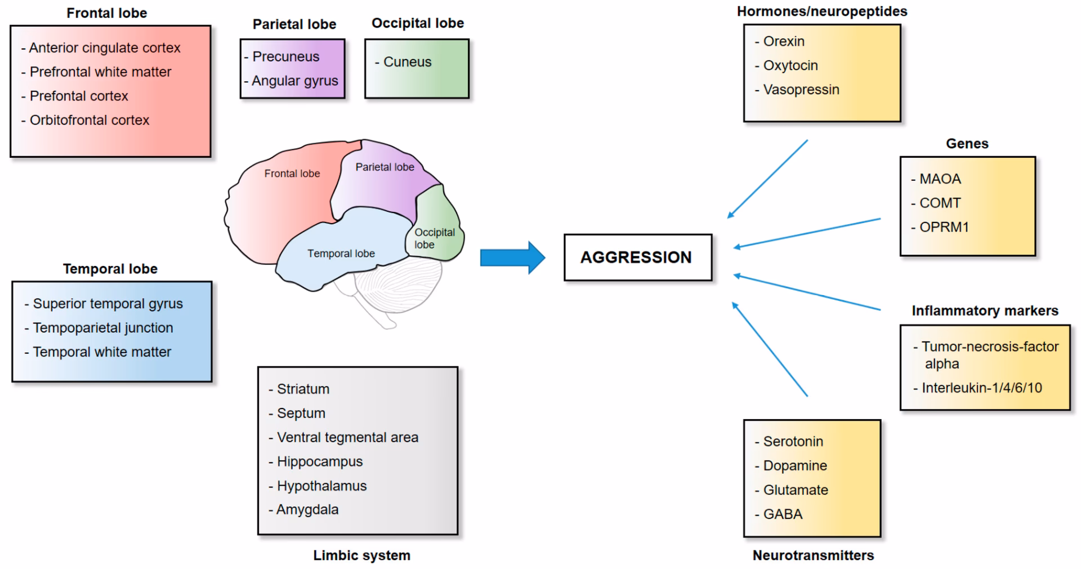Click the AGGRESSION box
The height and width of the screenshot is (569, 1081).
637,257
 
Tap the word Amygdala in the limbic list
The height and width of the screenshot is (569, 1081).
307,510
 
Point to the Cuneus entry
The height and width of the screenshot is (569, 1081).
407,62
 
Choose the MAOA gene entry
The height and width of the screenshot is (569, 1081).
940,179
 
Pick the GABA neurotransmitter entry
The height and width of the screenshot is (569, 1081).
783,514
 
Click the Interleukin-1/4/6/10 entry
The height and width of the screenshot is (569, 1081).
981,388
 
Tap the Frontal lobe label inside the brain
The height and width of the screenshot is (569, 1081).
292,174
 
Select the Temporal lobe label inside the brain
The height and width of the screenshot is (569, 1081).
341,254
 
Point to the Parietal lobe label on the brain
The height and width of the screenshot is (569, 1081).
385,167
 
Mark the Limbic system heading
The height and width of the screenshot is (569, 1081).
361,555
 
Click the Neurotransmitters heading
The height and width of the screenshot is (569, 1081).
813,555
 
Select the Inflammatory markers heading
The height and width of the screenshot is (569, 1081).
985,311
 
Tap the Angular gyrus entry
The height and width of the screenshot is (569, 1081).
294,81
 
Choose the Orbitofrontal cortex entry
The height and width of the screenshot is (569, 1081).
89,120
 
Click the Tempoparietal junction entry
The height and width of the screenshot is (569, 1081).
102,328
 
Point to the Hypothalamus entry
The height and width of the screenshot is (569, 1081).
321,486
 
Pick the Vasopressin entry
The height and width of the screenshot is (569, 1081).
801,90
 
